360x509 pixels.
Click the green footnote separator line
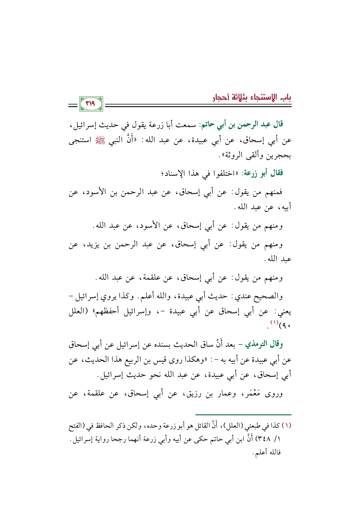coord(243,415)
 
